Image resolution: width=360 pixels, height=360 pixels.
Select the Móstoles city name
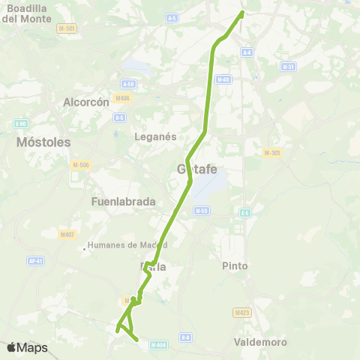[x=43, y=142]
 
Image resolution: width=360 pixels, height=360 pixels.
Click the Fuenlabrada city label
[x=123, y=201]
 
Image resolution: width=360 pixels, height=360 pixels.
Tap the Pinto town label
[x=235, y=265]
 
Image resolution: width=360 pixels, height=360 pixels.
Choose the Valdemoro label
[x=261, y=342]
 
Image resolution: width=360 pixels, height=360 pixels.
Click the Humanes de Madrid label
[x=127, y=244]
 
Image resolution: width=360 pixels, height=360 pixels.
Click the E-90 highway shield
[x=20, y=124]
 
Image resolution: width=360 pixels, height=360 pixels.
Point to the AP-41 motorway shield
[x=34, y=261]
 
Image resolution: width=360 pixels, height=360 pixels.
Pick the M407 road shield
[x=67, y=234]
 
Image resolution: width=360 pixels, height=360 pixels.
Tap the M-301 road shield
[x=272, y=153]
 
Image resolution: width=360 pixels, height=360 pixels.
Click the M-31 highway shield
[x=288, y=67]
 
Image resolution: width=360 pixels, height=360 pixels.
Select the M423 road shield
[x=241, y=312]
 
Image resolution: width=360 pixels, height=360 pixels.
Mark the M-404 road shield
[x=157, y=345]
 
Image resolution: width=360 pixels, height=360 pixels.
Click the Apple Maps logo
[x=28, y=347]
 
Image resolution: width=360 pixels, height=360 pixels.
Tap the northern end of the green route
[x=242, y=13]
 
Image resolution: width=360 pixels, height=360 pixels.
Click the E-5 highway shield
[x=244, y=213]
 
